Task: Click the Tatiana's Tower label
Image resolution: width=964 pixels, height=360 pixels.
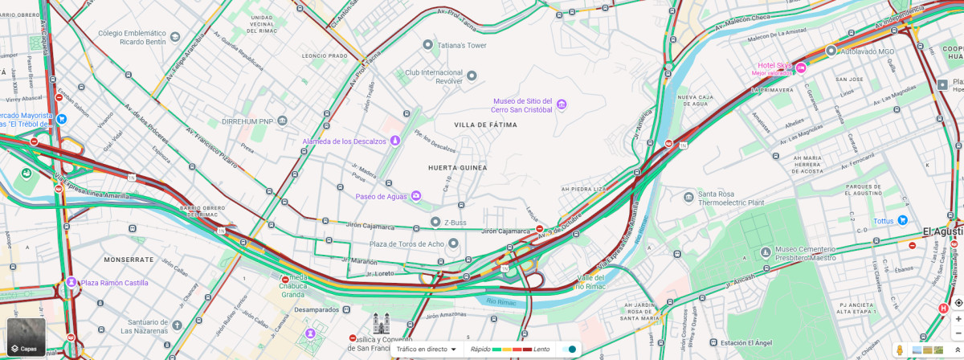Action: coord(462,46)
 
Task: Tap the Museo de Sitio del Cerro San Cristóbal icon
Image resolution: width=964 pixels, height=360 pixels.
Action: coord(562,104)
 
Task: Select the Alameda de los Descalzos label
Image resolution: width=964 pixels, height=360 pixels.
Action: coord(345,141)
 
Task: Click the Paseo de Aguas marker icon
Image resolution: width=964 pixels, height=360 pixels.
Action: coord(415,196)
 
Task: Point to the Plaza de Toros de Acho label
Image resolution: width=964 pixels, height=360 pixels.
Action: coord(406,243)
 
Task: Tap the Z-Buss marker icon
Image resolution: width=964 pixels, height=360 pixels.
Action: coord(435,222)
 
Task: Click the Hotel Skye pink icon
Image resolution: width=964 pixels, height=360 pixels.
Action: coord(802,70)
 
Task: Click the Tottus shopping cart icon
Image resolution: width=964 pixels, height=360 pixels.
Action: coord(903,220)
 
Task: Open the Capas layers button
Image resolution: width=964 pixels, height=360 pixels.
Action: coord(27,338)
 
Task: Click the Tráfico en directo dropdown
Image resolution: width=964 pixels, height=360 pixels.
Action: coord(427,350)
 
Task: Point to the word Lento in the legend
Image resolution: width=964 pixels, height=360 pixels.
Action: coord(541,350)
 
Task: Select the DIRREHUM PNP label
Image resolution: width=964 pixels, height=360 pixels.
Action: coord(248,121)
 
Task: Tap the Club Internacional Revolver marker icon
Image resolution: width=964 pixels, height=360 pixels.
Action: coord(472,76)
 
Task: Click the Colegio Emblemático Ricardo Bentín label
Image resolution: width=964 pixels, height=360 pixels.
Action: coord(132,37)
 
